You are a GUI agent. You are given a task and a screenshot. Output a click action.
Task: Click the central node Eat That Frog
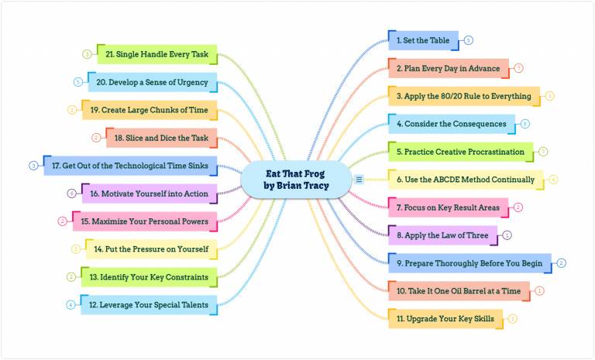296,180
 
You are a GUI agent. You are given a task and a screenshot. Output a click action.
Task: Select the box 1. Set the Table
423,40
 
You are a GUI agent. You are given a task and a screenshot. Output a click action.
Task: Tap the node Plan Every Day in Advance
448,68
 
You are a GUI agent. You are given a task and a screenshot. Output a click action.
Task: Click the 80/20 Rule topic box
463,96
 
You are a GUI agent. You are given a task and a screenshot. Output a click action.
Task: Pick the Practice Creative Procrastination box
459,152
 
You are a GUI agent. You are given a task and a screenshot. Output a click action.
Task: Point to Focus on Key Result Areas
448,207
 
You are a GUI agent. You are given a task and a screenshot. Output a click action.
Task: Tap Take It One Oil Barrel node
458,290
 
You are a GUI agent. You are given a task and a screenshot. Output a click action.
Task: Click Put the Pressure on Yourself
152,249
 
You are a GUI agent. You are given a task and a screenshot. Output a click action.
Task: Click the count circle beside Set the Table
469,40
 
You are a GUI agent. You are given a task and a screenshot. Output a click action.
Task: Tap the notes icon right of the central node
359,180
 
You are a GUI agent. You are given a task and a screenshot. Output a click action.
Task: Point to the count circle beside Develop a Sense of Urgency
78,81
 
